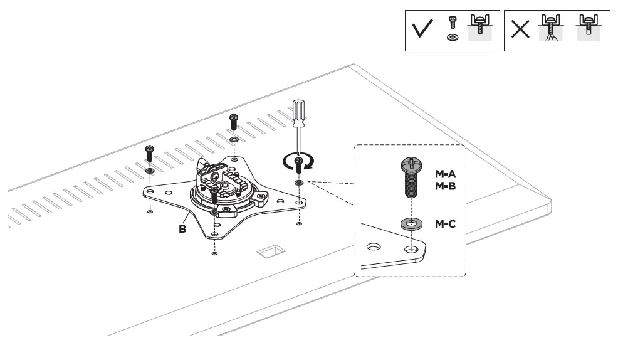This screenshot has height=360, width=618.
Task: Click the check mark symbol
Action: pos(424,31)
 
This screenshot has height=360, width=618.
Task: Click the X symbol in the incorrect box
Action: pos(520,31)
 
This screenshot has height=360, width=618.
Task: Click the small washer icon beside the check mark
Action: pos(450,38)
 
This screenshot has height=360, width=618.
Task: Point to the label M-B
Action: pos(446,186)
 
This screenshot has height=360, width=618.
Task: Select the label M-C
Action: pos(446,223)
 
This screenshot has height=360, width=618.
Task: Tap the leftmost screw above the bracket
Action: pos(149,152)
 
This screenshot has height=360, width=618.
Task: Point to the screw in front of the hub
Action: pos(215,196)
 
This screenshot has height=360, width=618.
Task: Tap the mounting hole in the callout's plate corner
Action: pos(411,249)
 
